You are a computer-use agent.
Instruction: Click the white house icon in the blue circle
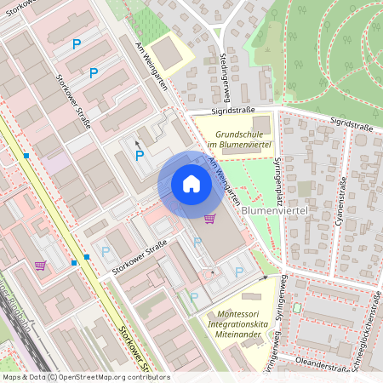[x=191, y=184]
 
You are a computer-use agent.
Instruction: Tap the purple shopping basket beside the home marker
[x=209, y=220]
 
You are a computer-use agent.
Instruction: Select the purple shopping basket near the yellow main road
[x=40, y=265]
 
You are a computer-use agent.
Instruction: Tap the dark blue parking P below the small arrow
[x=140, y=156]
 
